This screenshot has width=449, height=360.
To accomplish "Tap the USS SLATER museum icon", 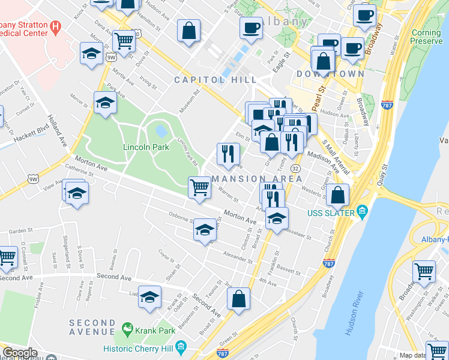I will point(362,211).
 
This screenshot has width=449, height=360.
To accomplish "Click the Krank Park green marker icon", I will point(127,328).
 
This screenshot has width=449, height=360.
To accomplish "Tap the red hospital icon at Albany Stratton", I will point(55,26).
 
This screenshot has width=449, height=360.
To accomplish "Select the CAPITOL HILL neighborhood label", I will point(215,80).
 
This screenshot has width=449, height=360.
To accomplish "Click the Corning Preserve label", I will point(427,37).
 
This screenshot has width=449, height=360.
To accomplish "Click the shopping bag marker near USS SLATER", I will point(339,194).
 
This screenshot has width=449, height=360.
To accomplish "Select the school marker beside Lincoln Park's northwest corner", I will point(105,103).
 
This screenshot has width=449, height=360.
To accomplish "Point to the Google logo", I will point(20,353).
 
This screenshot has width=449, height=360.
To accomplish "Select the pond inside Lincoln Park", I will point(161,130).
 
